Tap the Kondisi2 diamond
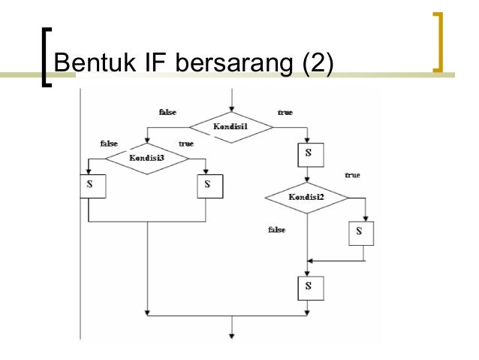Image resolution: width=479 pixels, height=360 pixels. (x=306, y=198)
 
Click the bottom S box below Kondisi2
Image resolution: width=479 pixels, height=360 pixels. (x=307, y=286)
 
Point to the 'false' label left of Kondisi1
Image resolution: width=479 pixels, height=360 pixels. (x=167, y=112)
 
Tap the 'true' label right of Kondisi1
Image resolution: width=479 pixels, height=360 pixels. (x=285, y=112)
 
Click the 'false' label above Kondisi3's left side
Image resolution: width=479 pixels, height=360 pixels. (x=109, y=143)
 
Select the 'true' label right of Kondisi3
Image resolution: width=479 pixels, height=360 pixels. (x=186, y=143)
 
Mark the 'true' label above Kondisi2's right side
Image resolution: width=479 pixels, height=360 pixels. (x=352, y=175)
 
